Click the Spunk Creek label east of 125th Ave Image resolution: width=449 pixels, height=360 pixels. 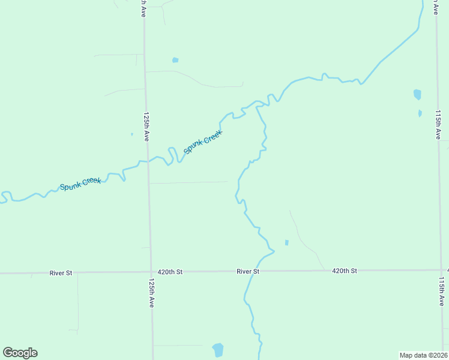point(203,142)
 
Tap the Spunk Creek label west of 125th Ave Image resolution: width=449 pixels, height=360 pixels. point(80,184)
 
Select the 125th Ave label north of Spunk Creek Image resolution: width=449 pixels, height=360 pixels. point(145,126)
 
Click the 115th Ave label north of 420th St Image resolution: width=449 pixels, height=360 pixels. point(438,124)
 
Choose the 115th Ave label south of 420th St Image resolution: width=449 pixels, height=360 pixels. point(442,291)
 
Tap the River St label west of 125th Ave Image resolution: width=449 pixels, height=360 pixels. point(61,273)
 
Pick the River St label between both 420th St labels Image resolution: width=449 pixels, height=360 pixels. point(248,272)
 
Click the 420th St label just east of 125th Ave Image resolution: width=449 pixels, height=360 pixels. point(170,272)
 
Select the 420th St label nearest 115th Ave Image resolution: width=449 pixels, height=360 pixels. point(345,271)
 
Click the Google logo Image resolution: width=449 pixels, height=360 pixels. point(20,353)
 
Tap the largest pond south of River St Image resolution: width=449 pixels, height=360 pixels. point(218,350)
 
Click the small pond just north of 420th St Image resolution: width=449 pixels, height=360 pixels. point(286,242)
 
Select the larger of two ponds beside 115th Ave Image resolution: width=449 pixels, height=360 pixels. point(417,94)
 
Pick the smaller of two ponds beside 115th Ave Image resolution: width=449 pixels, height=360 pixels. point(420,113)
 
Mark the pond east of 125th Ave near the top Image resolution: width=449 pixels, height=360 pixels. point(175,60)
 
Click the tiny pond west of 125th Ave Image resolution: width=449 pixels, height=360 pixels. point(132,134)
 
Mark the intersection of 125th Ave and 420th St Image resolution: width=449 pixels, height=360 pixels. point(151,272)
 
